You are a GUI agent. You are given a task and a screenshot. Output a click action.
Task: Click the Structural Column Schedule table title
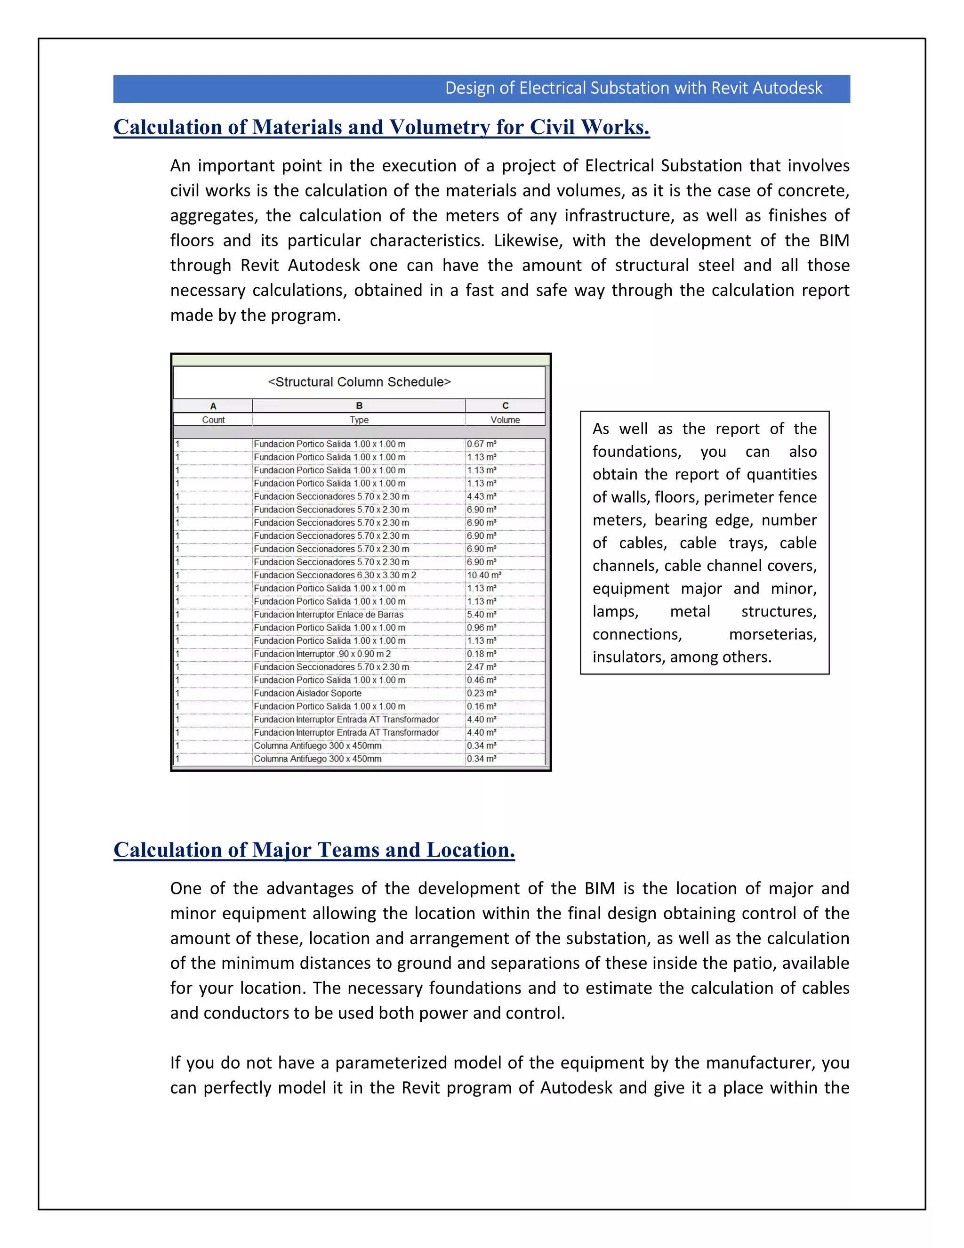click(359, 382)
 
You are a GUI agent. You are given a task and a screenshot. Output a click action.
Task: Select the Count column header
click(213, 420)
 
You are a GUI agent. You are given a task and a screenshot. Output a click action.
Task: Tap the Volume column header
click(505, 420)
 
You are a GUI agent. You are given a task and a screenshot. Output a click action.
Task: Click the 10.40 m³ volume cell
click(484, 575)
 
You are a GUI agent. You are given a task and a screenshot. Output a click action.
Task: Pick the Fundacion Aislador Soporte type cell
click(307, 693)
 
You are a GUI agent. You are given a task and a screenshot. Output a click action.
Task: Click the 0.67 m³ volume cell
click(482, 444)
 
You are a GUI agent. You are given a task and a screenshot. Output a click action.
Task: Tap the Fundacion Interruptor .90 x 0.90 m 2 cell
click(322, 654)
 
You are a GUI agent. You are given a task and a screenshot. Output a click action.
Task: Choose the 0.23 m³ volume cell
click(482, 693)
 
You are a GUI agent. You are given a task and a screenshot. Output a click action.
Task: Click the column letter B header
click(359, 405)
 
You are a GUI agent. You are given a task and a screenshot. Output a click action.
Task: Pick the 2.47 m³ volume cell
click(482, 667)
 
